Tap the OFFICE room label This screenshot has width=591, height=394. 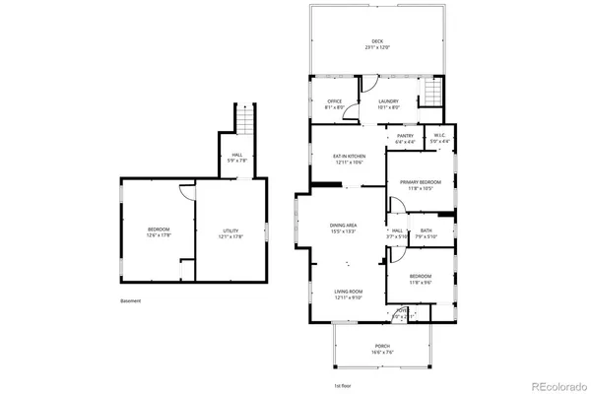334,100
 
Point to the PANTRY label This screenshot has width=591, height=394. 405,138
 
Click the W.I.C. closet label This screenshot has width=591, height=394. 440,138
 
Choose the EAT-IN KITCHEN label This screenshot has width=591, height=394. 350,159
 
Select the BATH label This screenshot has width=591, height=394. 425,232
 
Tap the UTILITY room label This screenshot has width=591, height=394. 230,232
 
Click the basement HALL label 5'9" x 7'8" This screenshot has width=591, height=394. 236,158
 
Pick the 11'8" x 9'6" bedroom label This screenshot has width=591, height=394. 420,279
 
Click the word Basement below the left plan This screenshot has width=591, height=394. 131,300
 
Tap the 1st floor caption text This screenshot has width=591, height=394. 343,384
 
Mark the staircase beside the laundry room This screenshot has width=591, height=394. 429,95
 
